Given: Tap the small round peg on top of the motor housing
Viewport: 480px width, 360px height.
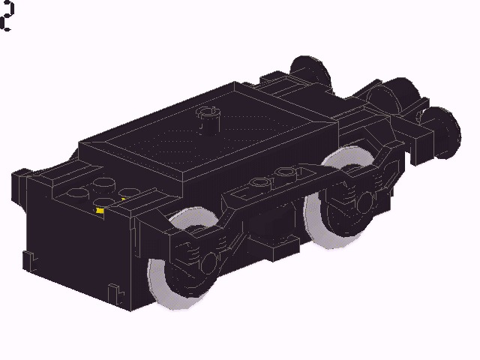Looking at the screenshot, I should [205, 116].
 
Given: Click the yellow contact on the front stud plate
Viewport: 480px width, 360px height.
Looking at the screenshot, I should [100, 211].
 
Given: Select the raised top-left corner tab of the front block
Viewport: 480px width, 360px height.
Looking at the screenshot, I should [21, 176].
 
